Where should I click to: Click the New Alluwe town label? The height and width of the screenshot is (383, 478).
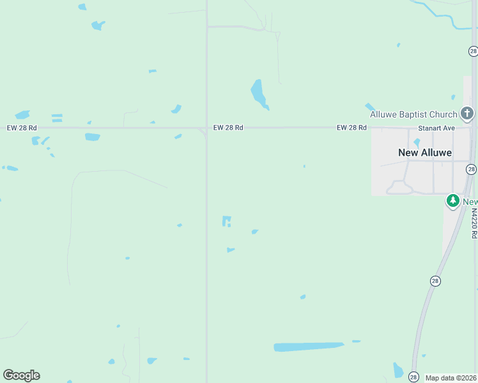pyautogui.click(x=424, y=153)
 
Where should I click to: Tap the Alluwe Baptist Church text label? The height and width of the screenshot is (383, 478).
pyautogui.click(x=413, y=115)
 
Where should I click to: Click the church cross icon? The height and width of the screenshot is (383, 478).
pyautogui.click(x=467, y=114)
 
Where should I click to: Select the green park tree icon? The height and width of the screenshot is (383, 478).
pyautogui.click(x=453, y=201)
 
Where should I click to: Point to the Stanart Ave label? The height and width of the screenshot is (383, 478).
pyautogui.click(x=436, y=128)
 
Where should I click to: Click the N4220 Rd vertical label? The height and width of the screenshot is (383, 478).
pyautogui.click(x=474, y=223)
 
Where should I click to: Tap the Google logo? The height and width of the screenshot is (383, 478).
pyautogui.click(x=21, y=375)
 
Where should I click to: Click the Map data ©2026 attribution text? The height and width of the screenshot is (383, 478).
pyautogui.click(x=451, y=378)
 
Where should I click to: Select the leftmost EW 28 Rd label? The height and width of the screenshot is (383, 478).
pyautogui.click(x=22, y=128)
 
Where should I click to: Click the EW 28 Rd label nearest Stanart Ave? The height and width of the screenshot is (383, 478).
pyautogui.click(x=351, y=128)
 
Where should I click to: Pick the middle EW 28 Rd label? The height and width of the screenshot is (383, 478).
pyautogui.click(x=228, y=128)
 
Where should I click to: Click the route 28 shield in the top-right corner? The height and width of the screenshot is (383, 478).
pyautogui.click(x=472, y=50)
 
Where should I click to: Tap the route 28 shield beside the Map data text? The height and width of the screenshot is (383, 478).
pyautogui.click(x=413, y=377)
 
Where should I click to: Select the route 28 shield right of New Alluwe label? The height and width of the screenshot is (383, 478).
pyautogui.click(x=471, y=169)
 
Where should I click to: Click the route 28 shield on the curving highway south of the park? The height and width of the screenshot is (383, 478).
pyautogui.click(x=435, y=281)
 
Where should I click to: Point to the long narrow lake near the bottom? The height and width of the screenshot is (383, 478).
pyautogui.click(x=309, y=347)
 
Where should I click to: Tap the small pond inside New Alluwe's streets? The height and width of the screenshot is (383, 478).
pyautogui.click(x=417, y=143)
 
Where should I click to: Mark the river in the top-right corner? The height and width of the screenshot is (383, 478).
pyautogui.click(x=447, y=16)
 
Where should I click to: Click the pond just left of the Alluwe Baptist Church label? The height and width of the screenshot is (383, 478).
pyautogui.click(x=369, y=107)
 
